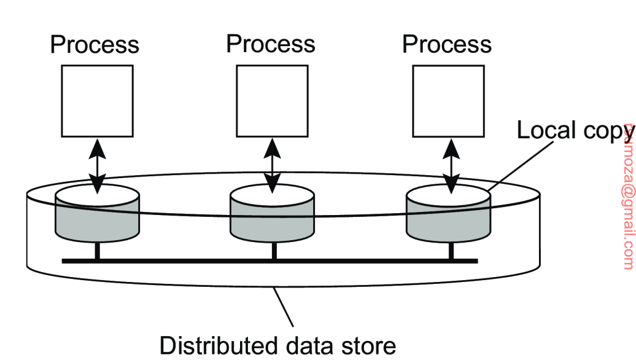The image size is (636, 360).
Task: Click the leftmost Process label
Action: pos(95,45)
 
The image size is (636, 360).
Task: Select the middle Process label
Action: pos(271,44)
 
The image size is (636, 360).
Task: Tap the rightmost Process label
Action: pos(447,44)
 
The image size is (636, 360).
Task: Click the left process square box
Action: pos(97,101)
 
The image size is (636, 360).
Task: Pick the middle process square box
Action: pos(272,101)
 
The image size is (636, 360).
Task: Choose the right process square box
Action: pos(448,101)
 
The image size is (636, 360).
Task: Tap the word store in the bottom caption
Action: pos(368,345)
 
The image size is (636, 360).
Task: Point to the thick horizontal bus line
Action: pos(270,261)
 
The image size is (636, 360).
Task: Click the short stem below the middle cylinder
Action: pos(274,251)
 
